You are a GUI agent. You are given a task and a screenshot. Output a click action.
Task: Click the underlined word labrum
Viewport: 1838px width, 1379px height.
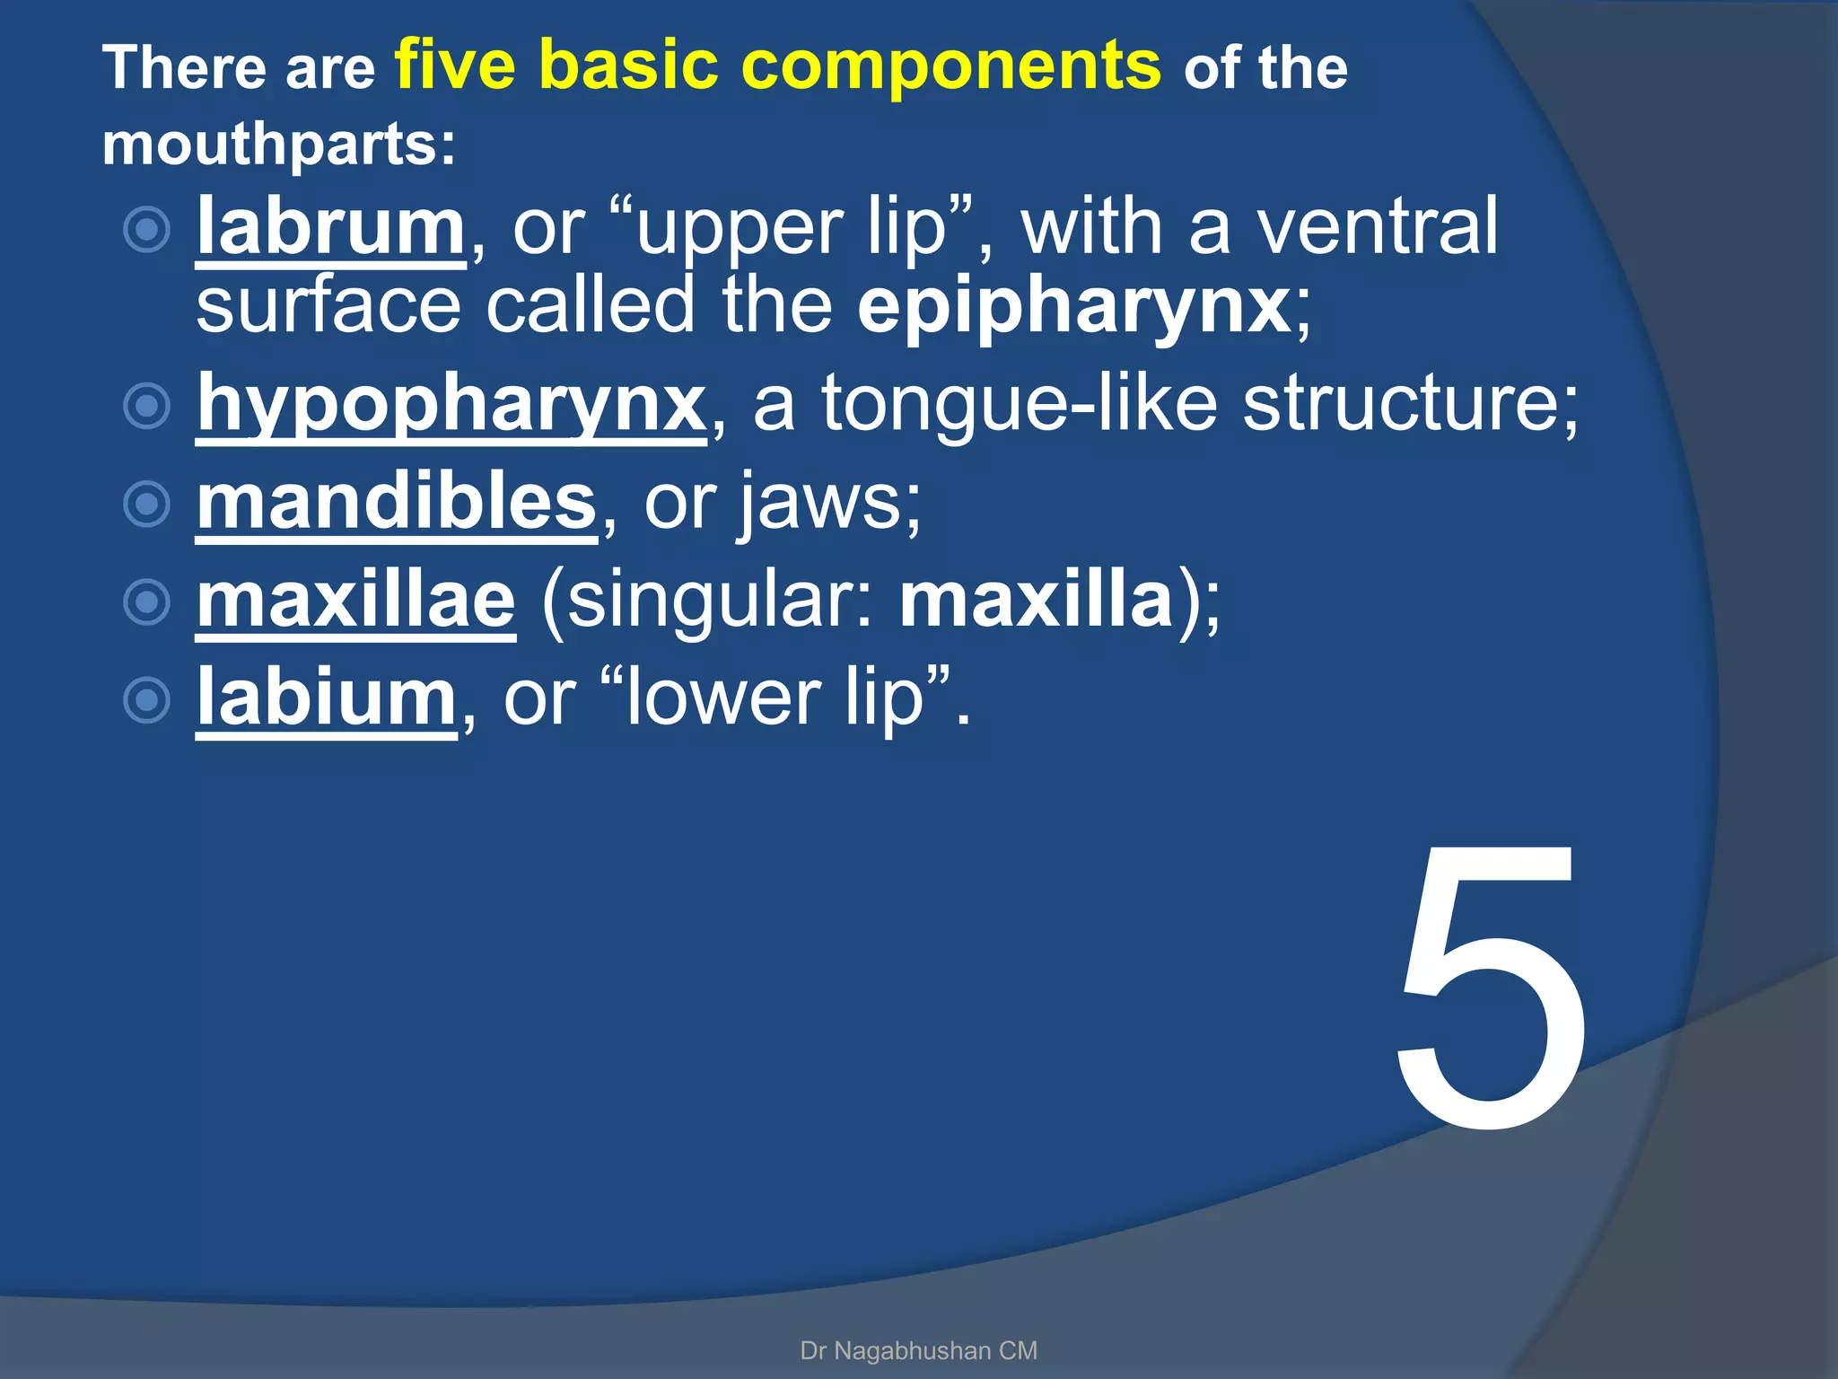pyautogui.click(x=330, y=228)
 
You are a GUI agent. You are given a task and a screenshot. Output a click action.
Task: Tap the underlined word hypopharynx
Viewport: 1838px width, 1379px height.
pyautogui.click(x=451, y=404)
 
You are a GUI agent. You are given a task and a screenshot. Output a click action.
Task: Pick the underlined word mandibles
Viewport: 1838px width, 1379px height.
pyautogui.click(x=397, y=502)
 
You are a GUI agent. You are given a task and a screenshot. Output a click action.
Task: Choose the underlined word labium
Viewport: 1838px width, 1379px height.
pyautogui.click(x=327, y=698)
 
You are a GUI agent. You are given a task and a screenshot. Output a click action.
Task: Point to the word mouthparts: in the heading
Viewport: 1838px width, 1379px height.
pyautogui.click(x=279, y=145)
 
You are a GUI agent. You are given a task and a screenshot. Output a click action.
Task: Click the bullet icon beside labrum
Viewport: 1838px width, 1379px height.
pyautogui.click(x=146, y=230)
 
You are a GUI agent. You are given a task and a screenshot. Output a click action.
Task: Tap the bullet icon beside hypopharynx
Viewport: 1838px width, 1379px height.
pyautogui.click(x=146, y=406)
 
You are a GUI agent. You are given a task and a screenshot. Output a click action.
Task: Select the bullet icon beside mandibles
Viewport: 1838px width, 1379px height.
pyautogui.click(x=146, y=504)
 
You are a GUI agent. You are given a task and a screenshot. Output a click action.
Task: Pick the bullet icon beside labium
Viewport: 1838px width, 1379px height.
pyautogui.click(x=146, y=699)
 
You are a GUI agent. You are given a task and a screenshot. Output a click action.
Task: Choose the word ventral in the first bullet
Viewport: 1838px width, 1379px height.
pyautogui.click(x=1377, y=228)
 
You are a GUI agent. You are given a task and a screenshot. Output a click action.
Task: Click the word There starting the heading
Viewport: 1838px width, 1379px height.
pyautogui.click(x=184, y=69)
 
